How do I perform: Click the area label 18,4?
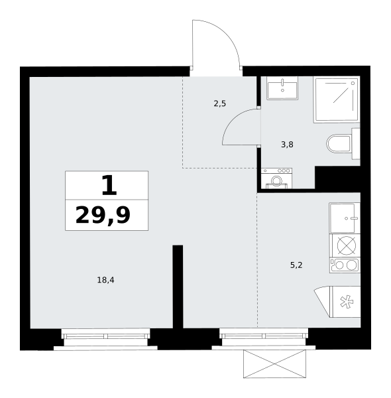105,280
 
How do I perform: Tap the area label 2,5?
219,103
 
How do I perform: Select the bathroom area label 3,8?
287,145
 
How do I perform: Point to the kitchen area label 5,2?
296,265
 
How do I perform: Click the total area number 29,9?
103,215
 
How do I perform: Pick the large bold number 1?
109,186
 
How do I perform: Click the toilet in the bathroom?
343,144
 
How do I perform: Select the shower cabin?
337,99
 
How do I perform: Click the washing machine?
276,178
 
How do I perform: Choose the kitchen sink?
345,218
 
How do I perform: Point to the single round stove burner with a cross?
347,245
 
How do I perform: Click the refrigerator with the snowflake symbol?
346,302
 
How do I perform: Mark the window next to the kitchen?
264,336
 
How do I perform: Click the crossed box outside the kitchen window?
274,364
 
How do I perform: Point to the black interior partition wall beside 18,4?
178,287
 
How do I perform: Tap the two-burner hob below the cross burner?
345,265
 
